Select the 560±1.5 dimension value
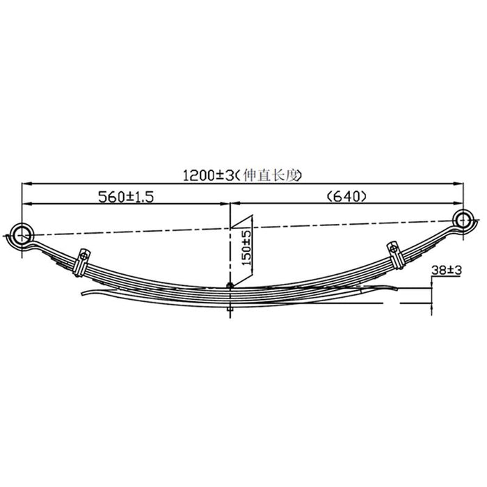click(x=125, y=196)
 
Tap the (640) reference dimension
click(x=345, y=196)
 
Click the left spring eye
click(x=22, y=232)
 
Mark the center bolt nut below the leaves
click(x=230, y=309)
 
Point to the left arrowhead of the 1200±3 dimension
click(x=26, y=183)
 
